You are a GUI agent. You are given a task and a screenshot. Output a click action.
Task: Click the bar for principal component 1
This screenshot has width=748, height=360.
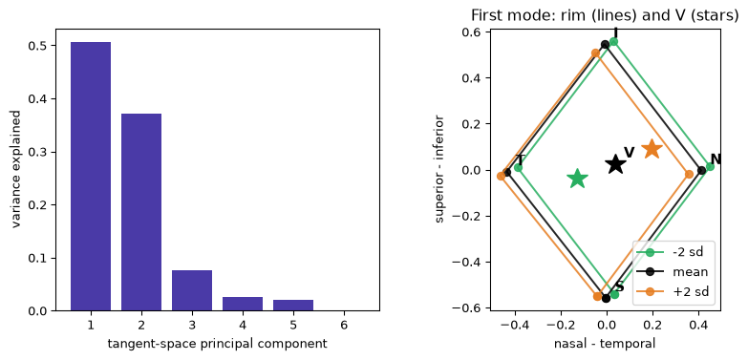tap(91, 177)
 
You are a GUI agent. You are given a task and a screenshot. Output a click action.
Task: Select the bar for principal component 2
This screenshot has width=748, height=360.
tap(141, 212)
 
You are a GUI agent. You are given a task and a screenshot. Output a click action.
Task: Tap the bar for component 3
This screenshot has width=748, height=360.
tap(192, 290)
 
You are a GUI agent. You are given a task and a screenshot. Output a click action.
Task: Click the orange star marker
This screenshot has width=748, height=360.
tap(652, 149)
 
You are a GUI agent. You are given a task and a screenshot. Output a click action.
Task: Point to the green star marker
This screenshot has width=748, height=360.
tap(578, 179)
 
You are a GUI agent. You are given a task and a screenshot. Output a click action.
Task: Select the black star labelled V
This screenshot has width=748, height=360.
tap(616, 164)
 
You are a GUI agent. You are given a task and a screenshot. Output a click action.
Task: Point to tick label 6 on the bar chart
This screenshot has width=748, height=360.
tap(344, 326)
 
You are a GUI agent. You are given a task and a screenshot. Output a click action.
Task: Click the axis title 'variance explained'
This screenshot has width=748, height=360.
tap(16, 169)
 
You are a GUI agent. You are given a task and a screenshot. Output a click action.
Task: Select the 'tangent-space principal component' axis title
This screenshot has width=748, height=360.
tap(218, 344)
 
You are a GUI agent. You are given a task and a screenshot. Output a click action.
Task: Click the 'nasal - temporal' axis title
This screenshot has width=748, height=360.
tap(605, 344)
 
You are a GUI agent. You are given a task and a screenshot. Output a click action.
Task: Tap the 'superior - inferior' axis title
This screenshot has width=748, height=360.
tap(439, 169)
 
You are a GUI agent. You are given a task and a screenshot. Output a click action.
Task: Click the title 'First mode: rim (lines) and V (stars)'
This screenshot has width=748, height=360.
tap(605, 15)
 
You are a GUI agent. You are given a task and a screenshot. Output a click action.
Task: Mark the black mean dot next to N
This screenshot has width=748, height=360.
tap(702, 170)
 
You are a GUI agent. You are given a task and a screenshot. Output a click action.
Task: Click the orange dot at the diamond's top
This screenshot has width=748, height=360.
tap(595, 53)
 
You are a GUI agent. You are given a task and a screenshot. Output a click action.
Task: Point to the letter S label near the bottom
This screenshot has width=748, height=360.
tap(620, 286)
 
